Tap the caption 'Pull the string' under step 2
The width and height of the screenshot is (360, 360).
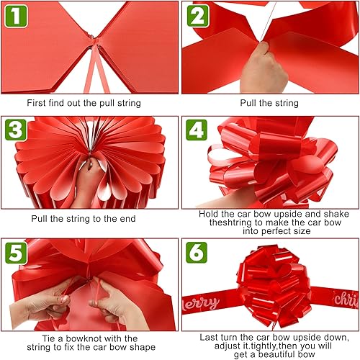(x=269, y=103)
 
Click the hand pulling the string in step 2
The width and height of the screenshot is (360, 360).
(x=264, y=68)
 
